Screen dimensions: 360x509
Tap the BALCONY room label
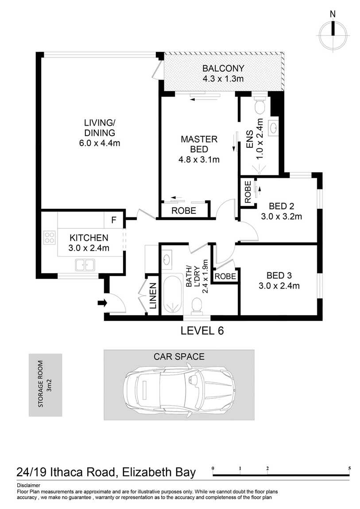pos(223,69)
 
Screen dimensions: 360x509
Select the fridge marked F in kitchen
pos(114,220)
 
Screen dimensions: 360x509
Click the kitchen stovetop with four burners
pos(49,237)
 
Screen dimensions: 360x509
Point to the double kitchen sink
pos(85,265)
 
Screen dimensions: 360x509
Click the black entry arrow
pos(102,303)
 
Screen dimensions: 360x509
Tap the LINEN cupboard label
pos(153,296)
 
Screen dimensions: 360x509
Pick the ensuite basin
pos(273,127)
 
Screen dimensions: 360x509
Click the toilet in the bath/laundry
pos(197,306)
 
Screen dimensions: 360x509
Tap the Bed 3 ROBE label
pos(225,276)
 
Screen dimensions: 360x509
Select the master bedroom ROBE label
pos(184,211)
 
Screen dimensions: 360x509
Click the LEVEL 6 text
pos(202,331)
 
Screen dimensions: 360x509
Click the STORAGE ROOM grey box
pos(46,385)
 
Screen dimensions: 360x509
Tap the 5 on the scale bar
pos(349,468)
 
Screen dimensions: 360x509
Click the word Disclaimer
pos(29,486)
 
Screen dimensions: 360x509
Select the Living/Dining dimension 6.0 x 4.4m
pos(100,143)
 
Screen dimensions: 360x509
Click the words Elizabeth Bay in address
pos(159,472)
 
